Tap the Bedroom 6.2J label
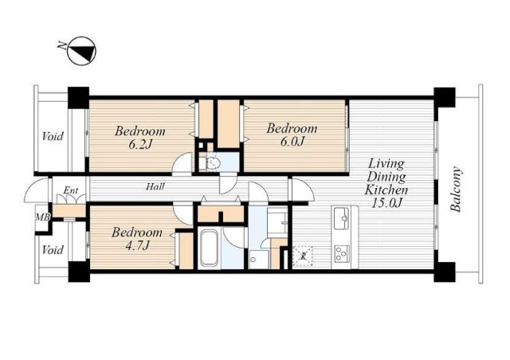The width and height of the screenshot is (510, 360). [x=140, y=137]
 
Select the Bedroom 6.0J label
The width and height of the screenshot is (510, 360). [x=292, y=135]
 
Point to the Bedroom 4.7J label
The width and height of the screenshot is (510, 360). [x=137, y=238]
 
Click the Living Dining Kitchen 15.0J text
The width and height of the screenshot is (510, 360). [x=386, y=183]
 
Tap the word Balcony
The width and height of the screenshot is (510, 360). [x=457, y=190]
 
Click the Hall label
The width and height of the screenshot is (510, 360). [x=155, y=186]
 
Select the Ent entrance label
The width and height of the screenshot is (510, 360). [x=71, y=190]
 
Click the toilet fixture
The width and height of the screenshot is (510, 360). [x=210, y=163]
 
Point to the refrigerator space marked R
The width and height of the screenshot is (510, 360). [x=303, y=256]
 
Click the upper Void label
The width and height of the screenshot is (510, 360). [x=53, y=135]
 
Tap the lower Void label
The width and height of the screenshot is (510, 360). [x=53, y=250]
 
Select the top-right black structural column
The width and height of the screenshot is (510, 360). [x=445, y=97]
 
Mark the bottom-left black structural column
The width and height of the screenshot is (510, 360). [x=78, y=272]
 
